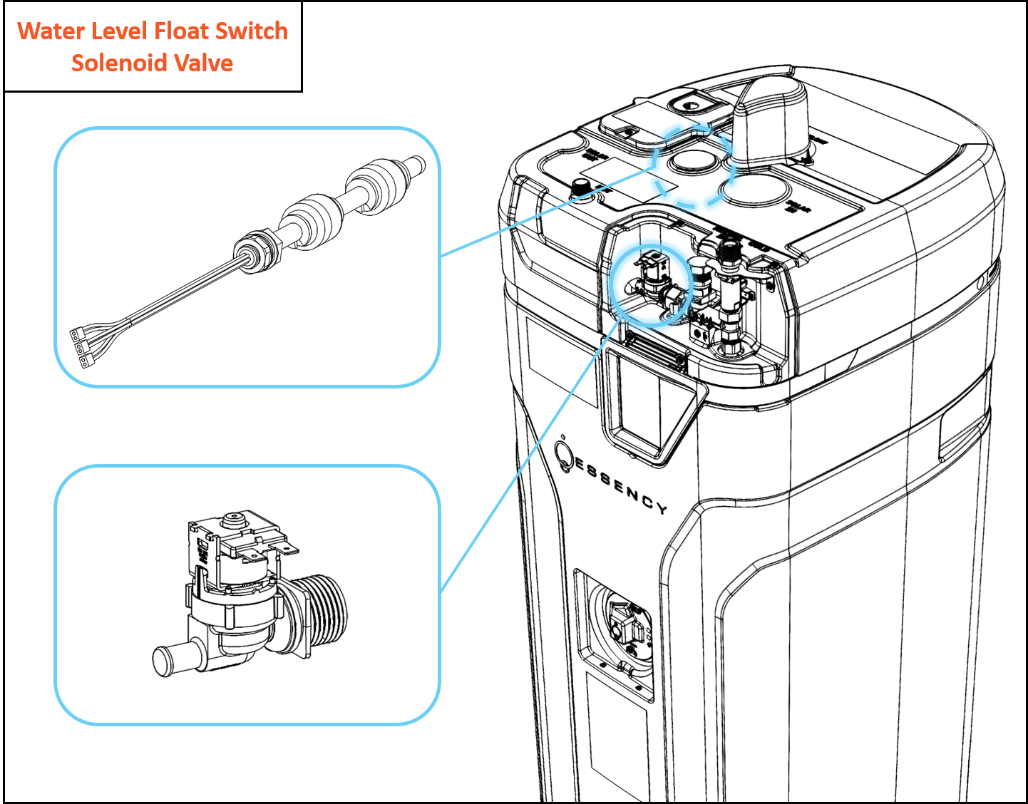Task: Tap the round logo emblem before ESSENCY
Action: pos(565,457)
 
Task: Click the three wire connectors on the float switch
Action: pos(80,347)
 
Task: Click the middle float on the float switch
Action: pos(312,218)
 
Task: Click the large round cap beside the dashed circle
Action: pos(753,190)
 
